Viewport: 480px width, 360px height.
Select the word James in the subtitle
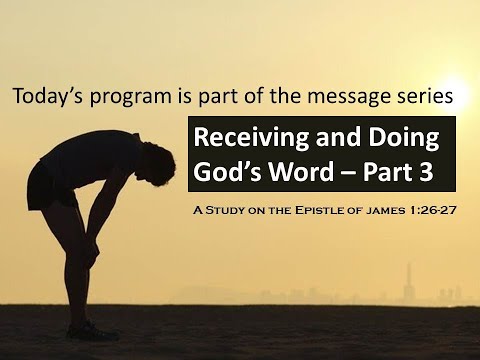coord(413,212)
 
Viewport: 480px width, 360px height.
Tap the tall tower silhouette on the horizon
coord(407,278)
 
